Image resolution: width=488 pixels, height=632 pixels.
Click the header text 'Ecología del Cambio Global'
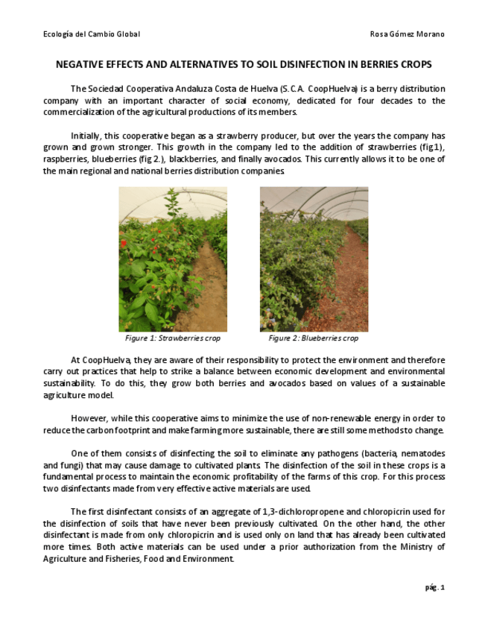coord(92,34)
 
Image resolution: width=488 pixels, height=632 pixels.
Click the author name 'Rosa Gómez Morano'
coord(407,34)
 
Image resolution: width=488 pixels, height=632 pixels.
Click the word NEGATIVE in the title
coord(81,65)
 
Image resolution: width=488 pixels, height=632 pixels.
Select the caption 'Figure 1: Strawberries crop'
coord(173,338)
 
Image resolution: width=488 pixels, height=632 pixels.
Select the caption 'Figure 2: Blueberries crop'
coord(313,338)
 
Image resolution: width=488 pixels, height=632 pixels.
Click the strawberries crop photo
coord(173,259)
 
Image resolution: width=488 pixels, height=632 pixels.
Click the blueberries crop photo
coord(314,259)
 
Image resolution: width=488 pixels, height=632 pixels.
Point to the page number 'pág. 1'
coord(435,587)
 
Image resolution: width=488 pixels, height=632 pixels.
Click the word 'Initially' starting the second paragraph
coord(86,136)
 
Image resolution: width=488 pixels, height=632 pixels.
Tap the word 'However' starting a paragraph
coord(88,418)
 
